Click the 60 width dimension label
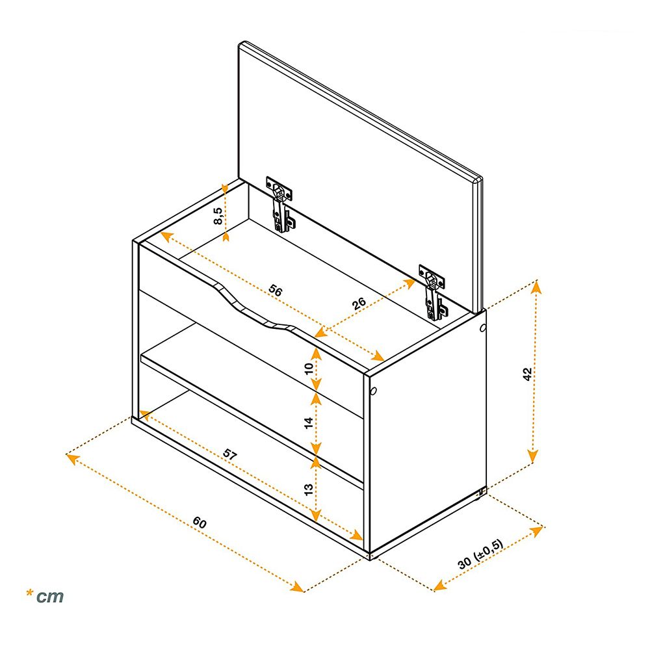click(x=200, y=523)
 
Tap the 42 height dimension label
click(x=527, y=374)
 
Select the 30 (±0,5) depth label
click(x=480, y=554)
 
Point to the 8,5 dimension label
click(x=218, y=216)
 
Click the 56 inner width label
click(x=275, y=290)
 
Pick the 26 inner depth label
click(x=359, y=304)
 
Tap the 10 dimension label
click(x=309, y=369)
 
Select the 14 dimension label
click(x=309, y=423)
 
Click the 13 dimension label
click(x=309, y=489)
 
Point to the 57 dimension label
click(x=229, y=454)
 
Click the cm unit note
click(x=50, y=597)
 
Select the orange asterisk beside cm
click(x=29, y=593)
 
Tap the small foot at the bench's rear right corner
click(x=480, y=493)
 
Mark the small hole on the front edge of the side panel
click(x=374, y=391)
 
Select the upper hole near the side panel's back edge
click(x=482, y=328)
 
